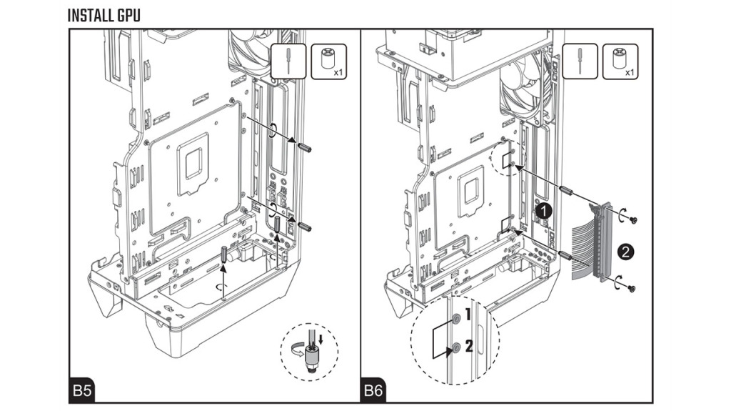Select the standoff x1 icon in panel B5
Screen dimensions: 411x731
coord(329,61)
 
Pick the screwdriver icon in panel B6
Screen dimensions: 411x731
coord(579,61)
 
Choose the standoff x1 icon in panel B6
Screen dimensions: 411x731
coord(620,61)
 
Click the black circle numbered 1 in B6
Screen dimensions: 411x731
coord(545,211)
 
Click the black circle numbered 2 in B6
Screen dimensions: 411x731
coord(626,251)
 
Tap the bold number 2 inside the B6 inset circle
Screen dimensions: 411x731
coord(468,346)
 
